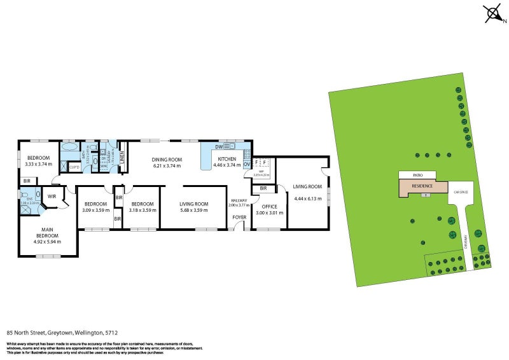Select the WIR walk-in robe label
coord(52,197)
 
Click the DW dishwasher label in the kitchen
coord(218,147)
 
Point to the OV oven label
coord(247,163)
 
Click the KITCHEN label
coord(227,159)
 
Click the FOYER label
coord(239,218)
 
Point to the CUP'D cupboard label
coord(74,167)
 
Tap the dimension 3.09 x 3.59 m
coord(97,210)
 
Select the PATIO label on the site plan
coord(417,174)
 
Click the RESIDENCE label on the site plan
coord(422,186)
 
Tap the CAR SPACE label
coord(461,191)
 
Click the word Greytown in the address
coord(59,332)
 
